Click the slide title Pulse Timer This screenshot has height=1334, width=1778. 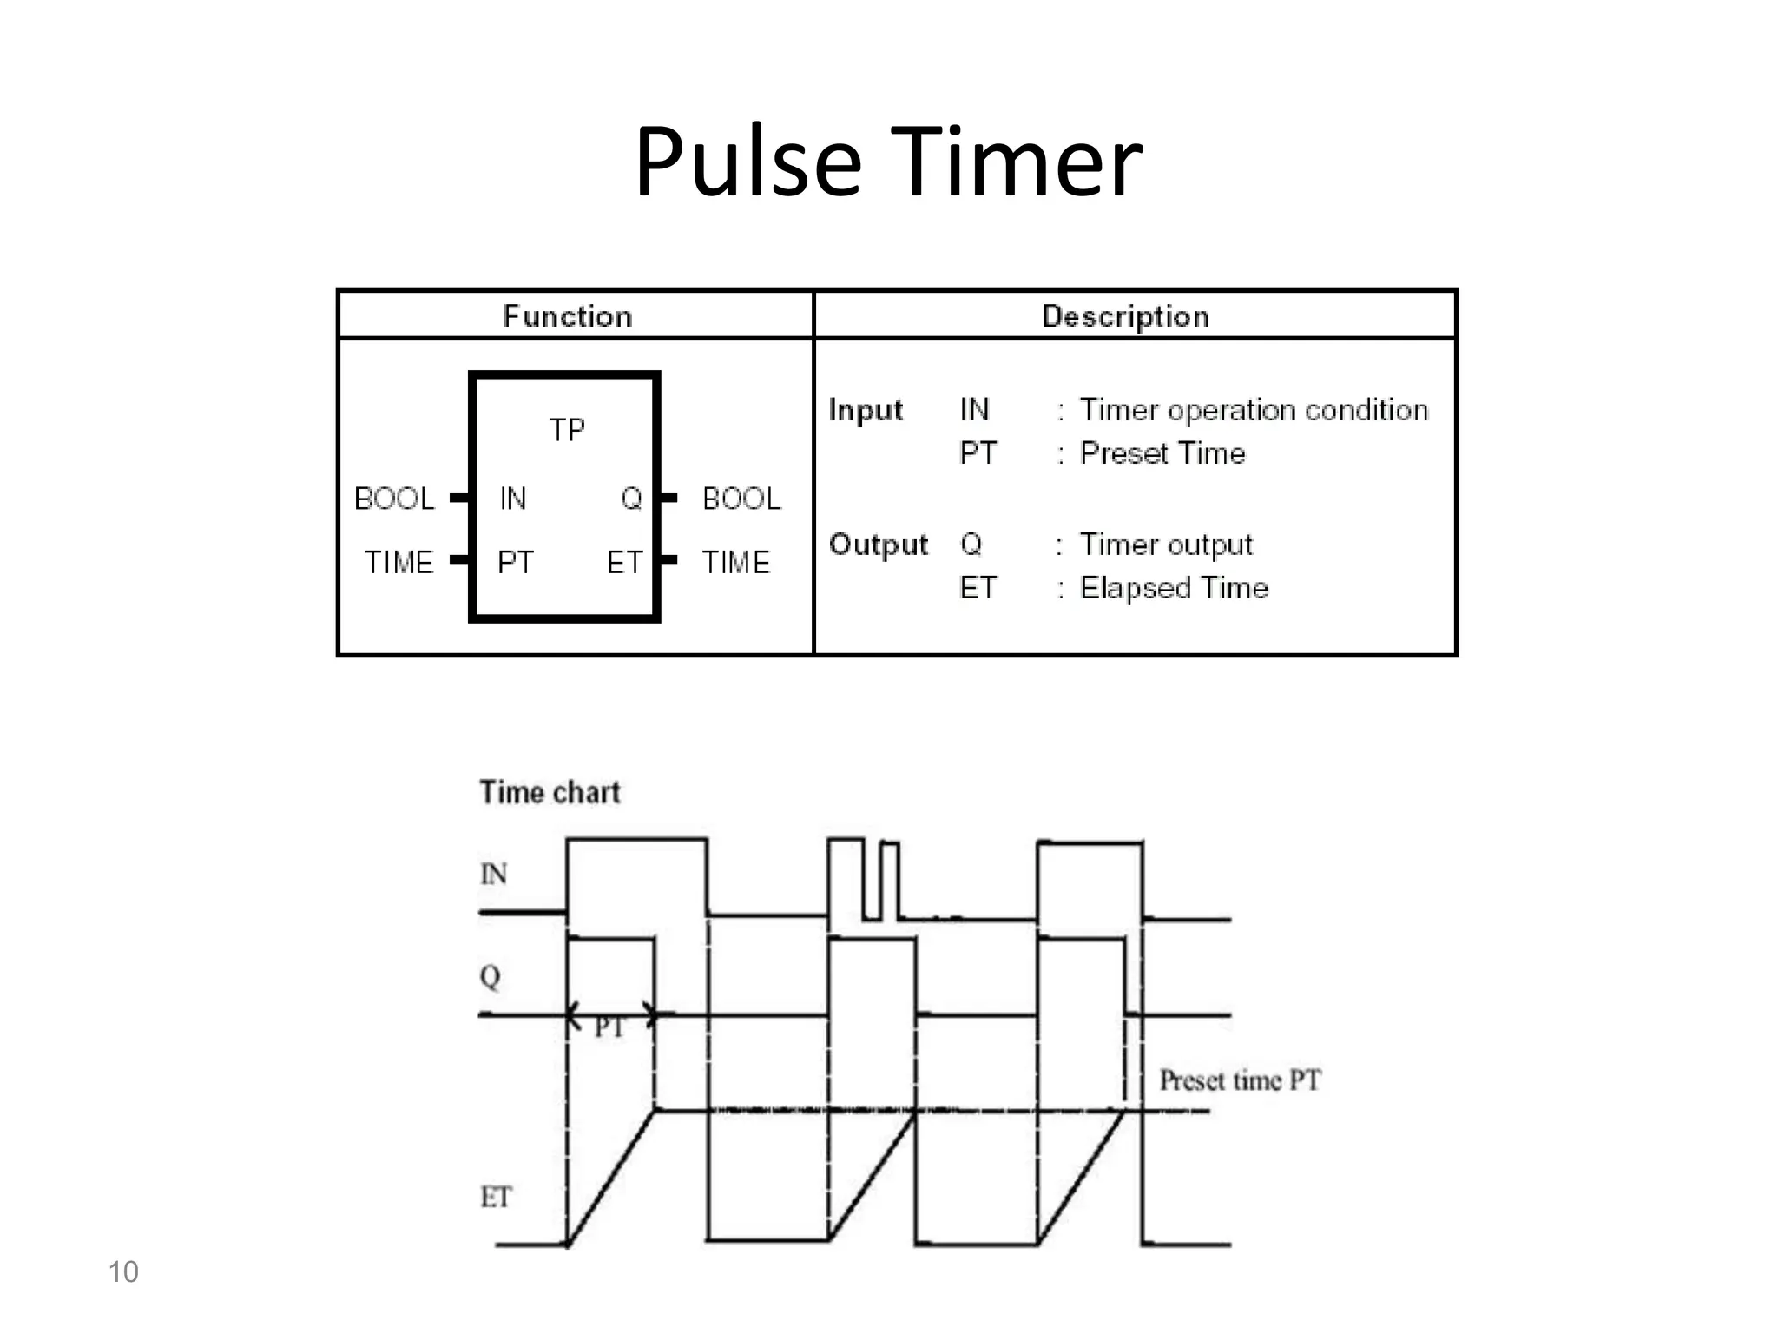click(887, 162)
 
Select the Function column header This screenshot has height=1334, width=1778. click(568, 316)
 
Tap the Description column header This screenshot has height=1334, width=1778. click(1125, 316)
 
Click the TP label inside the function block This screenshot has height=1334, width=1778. click(567, 430)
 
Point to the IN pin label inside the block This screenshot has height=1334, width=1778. click(512, 499)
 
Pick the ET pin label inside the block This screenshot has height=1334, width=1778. click(624, 563)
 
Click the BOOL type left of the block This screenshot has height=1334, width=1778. click(394, 499)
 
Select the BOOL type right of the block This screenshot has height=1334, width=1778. click(741, 499)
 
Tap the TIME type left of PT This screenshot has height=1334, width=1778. click(398, 563)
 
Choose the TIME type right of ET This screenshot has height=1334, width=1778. click(735, 563)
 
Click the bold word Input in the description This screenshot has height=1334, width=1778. click(866, 410)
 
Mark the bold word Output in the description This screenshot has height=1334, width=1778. click(878, 545)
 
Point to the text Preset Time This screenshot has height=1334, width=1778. click(1162, 453)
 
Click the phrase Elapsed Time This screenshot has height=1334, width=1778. click(1174, 588)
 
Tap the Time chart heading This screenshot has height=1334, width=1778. click(550, 792)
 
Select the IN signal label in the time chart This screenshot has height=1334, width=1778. click(494, 874)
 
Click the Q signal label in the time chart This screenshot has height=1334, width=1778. click(491, 976)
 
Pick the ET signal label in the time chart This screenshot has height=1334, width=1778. click(496, 1198)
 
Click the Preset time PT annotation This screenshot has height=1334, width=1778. click(1240, 1080)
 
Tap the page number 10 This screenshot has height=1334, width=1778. click(123, 1271)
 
